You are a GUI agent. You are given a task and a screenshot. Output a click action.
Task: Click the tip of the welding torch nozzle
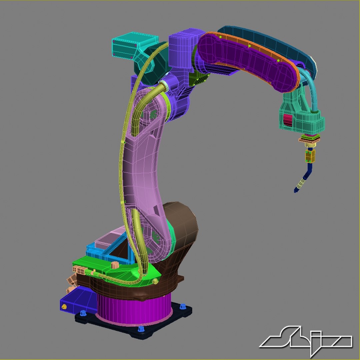(x=295, y=191)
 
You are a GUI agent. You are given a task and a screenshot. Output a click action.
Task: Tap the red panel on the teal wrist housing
(x=287, y=119)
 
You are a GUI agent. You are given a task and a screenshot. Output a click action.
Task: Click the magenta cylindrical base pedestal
(x=133, y=310)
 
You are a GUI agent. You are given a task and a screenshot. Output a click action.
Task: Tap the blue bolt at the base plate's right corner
(x=182, y=306)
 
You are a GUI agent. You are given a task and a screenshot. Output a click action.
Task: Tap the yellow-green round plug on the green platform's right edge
(x=155, y=282)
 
